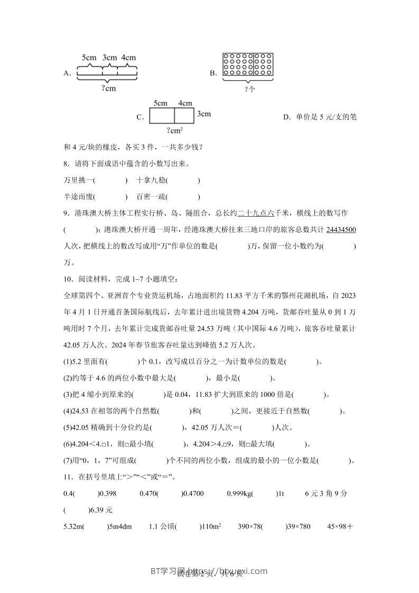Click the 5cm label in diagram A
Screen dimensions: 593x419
click(x=89, y=57)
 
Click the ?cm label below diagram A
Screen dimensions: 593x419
click(x=108, y=88)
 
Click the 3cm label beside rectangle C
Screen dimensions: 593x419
click(x=204, y=114)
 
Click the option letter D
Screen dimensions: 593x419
click(x=286, y=117)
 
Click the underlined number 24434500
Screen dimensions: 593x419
click(x=341, y=229)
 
